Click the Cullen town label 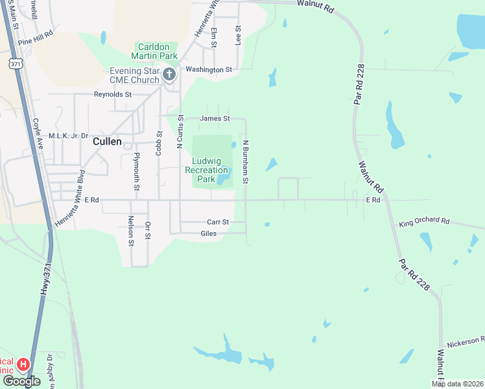click(x=107, y=141)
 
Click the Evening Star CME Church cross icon click(x=169, y=74)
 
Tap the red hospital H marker click(x=23, y=365)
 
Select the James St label click(x=215, y=119)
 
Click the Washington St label click(x=209, y=69)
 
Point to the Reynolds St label click(x=113, y=95)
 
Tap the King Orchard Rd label click(x=424, y=222)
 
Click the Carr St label click(x=218, y=222)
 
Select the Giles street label click(x=209, y=233)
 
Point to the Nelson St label click(x=131, y=231)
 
